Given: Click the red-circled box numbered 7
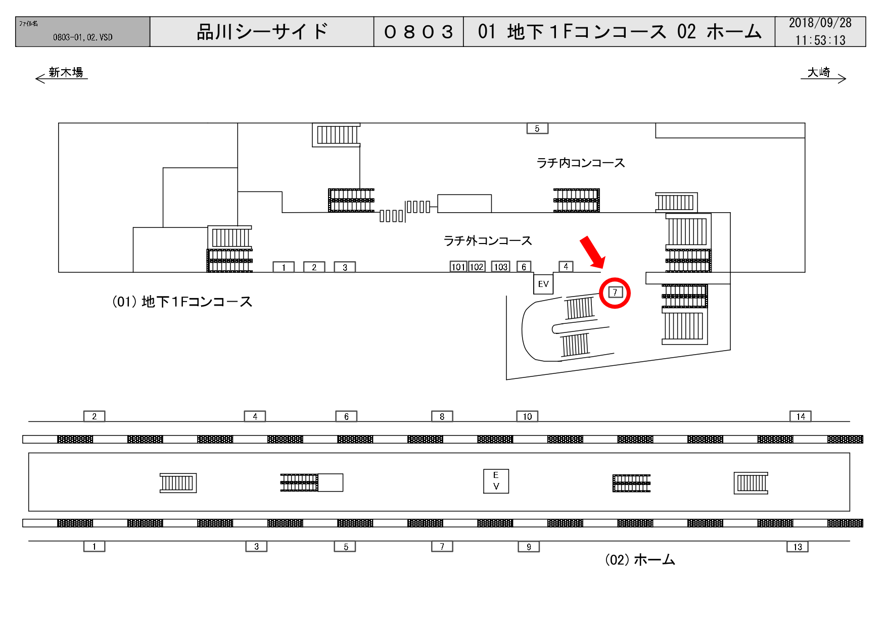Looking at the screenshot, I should [615, 293].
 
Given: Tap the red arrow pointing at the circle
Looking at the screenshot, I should [592, 252].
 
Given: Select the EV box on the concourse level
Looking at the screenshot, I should [543, 284].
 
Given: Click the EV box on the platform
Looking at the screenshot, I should [496, 481].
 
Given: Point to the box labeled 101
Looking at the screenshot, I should [458, 267].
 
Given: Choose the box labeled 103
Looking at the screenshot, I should [500, 267].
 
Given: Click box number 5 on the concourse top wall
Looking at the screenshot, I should [537, 128].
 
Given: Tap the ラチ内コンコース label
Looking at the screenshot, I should [581, 163].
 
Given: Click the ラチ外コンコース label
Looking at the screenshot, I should [488, 240].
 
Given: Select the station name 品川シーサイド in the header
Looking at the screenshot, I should [262, 32].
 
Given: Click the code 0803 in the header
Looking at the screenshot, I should [418, 32].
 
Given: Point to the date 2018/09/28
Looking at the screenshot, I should [820, 23].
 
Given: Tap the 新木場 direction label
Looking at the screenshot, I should [66, 73].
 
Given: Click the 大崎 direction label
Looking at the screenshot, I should [819, 73].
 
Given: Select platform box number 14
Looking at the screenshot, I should [801, 416].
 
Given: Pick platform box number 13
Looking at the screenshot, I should [798, 547].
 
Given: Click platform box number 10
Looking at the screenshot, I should [527, 416].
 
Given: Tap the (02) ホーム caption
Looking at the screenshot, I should [640, 560].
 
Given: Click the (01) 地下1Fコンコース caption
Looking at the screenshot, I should [182, 302].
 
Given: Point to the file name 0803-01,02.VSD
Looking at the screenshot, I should [83, 37].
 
